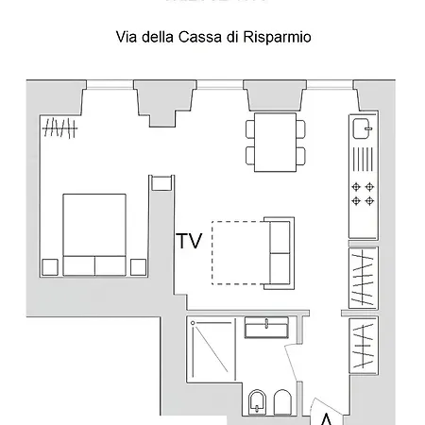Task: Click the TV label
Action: (189, 241)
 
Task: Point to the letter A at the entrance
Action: (325, 417)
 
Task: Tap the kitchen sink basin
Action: (363, 126)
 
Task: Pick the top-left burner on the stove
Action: (356, 186)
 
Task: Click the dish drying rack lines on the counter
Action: (363, 157)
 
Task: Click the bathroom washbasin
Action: (267, 328)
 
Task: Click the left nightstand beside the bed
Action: (49, 266)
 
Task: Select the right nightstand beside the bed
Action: (139, 266)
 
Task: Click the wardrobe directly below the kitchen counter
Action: (363, 278)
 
